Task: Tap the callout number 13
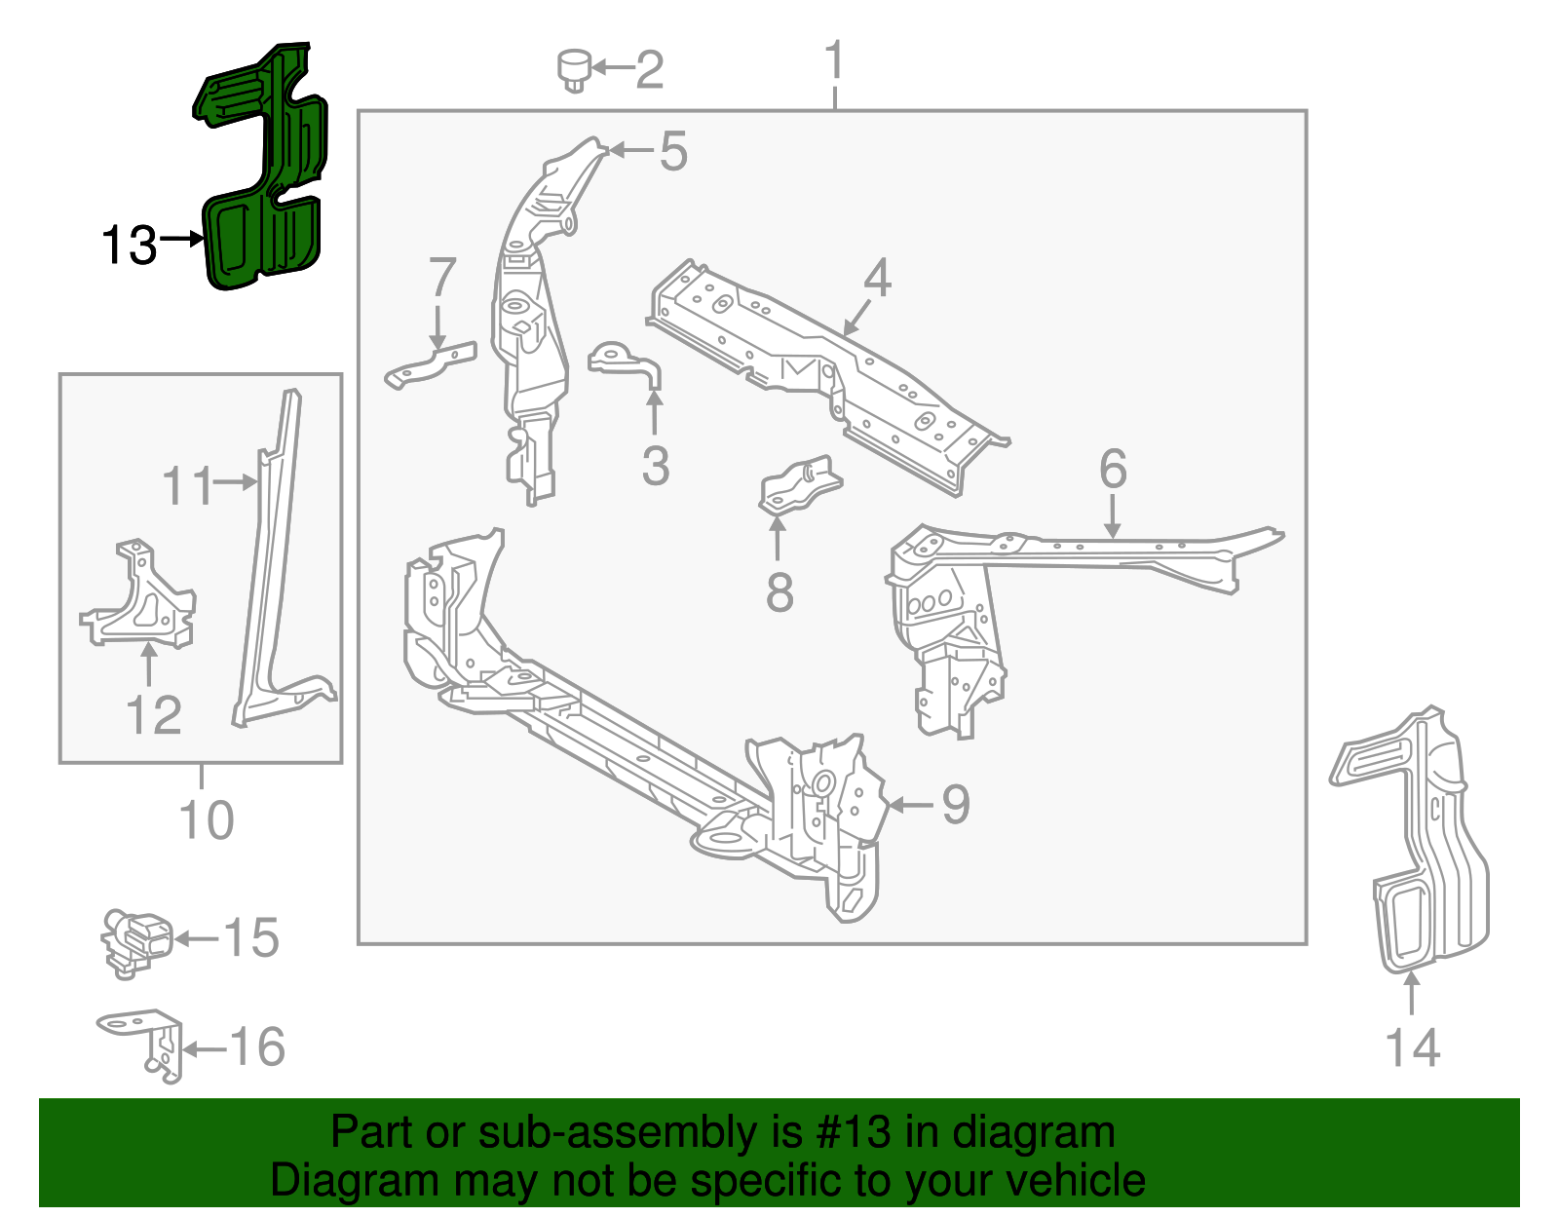129,246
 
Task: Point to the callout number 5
673,152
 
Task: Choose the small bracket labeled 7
432,363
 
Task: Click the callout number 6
1113,470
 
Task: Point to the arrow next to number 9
910,805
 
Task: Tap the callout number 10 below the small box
207,820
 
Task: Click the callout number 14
1412,1048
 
